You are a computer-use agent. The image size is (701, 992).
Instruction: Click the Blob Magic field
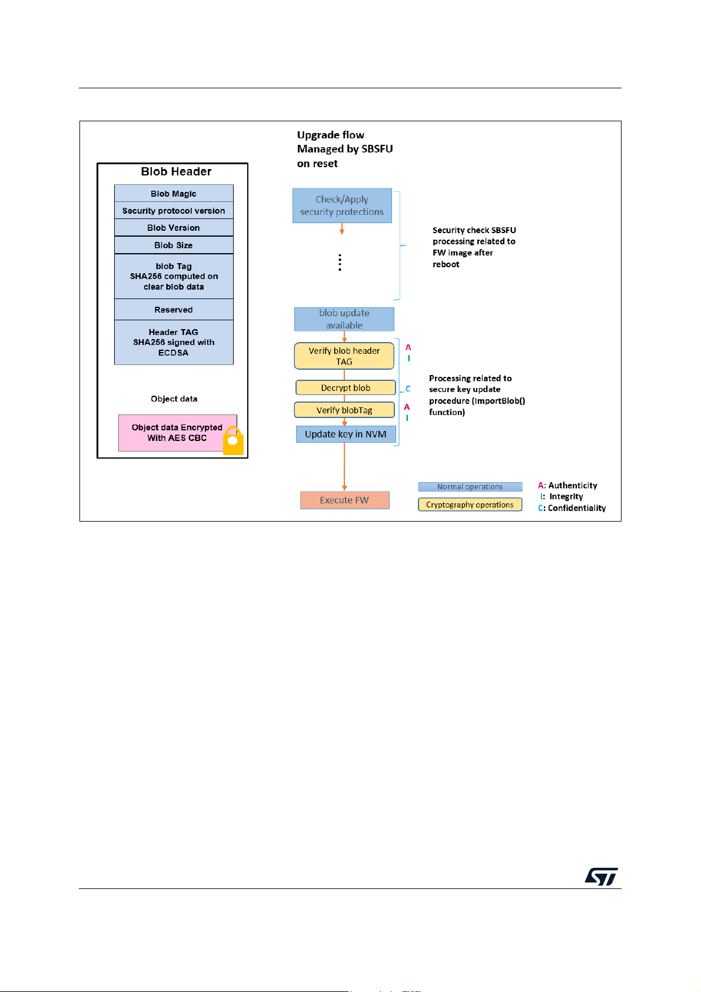pyautogui.click(x=174, y=194)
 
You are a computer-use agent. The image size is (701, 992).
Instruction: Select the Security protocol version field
pyautogui.click(x=174, y=211)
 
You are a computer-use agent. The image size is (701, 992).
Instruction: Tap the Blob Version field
pyautogui.click(x=174, y=228)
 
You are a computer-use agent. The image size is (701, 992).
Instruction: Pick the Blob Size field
pyautogui.click(x=174, y=245)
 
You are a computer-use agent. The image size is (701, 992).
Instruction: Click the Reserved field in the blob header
pyautogui.click(x=174, y=310)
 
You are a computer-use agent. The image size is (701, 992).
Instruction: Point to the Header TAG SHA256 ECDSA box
pyautogui.click(x=174, y=342)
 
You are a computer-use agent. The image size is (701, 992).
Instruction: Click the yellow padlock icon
pyautogui.click(x=233, y=440)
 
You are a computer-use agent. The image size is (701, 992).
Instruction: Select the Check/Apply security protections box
pyautogui.click(x=342, y=205)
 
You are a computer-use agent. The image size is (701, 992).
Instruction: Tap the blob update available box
pyautogui.click(x=344, y=319)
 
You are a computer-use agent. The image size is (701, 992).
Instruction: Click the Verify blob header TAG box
pyautogui.click(x=344, y=356)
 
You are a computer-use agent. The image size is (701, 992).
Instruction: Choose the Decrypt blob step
pyautogui.click(x=345, y=387)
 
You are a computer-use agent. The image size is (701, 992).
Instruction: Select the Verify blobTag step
pyautogui.click(x=344, y=410)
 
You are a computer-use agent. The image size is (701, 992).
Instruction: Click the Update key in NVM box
pyautogui.click(x=346, y=434)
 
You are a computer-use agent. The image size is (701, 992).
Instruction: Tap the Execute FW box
pyautogui.click(x=344, y=500)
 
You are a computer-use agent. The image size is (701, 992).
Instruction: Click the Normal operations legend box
pyautogui.click(x=470, y=487)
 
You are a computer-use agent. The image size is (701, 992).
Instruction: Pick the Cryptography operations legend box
pyautogui.click(x=470, y=505)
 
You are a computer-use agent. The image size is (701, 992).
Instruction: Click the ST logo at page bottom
pyautogui.click(x=602, y=877)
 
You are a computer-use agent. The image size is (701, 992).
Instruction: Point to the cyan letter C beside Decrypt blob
pyautogui.click(x=408, y=389)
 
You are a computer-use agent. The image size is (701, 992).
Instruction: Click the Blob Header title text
pyautogui.click(x=176, y=171)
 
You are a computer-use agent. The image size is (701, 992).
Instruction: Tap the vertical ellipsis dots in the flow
pyautogui.click(x=340, y=263)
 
